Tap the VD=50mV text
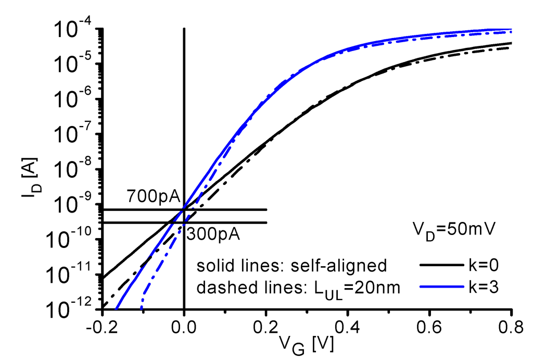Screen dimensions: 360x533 (x=452, y=229)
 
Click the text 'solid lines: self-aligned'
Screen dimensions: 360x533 (x=292, y=266)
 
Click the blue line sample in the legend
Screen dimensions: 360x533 (x=440, y=287)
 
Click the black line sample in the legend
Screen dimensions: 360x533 (x=440, y=265)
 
